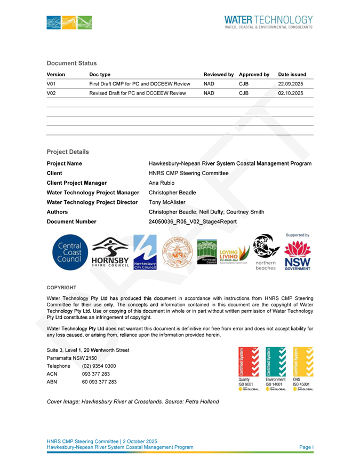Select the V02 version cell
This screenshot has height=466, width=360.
click(x=52, y=93)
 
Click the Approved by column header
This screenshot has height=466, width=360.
click(x=254, y=74)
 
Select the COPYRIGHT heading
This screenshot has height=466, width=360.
click(x=62, y=287)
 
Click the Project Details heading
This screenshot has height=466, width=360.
click(x=67, y=152)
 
